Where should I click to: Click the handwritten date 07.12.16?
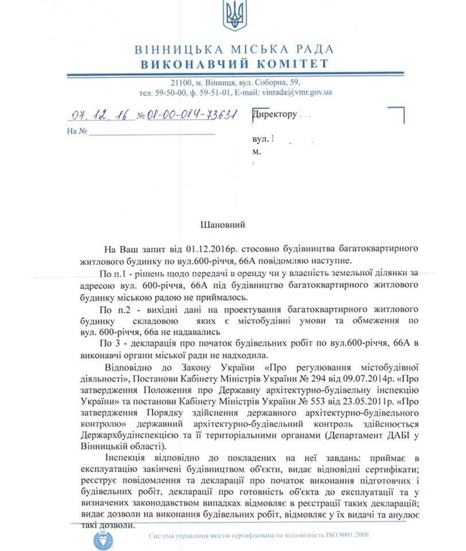click(92, 114)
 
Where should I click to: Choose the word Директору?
click(275, 114)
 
